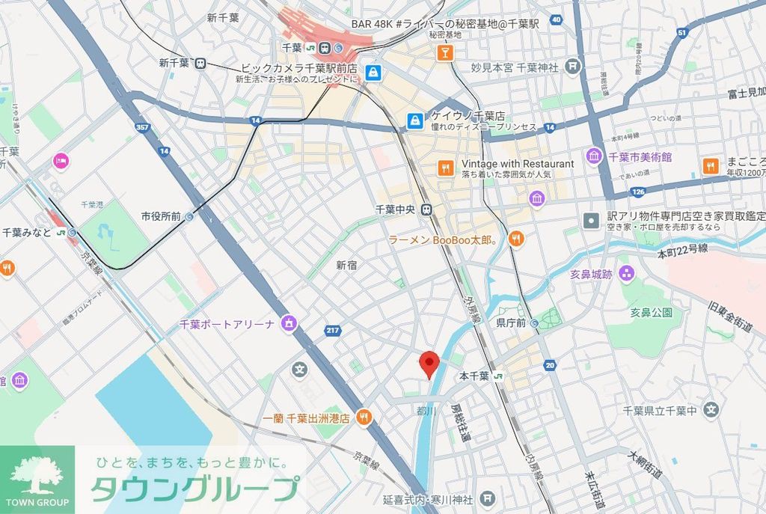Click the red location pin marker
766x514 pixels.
coord(429,364)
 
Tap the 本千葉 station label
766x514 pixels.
coord(474,376)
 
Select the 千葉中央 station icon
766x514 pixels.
coord(426,209)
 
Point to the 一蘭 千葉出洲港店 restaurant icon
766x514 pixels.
coord(364,417)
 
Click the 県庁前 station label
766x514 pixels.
coord(512,323)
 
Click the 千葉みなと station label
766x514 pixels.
coord(27,233)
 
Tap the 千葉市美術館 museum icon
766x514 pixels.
coord(595,157)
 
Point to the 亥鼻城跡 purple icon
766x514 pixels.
coord(625,274)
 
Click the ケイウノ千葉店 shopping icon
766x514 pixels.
coord(414,120)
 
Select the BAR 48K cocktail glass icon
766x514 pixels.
coord(444,52)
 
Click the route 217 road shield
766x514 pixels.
coord(333,330)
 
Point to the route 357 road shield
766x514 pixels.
coord(141,128)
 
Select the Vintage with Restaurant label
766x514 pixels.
coord(518,164)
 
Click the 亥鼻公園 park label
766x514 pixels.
coord(650,313)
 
